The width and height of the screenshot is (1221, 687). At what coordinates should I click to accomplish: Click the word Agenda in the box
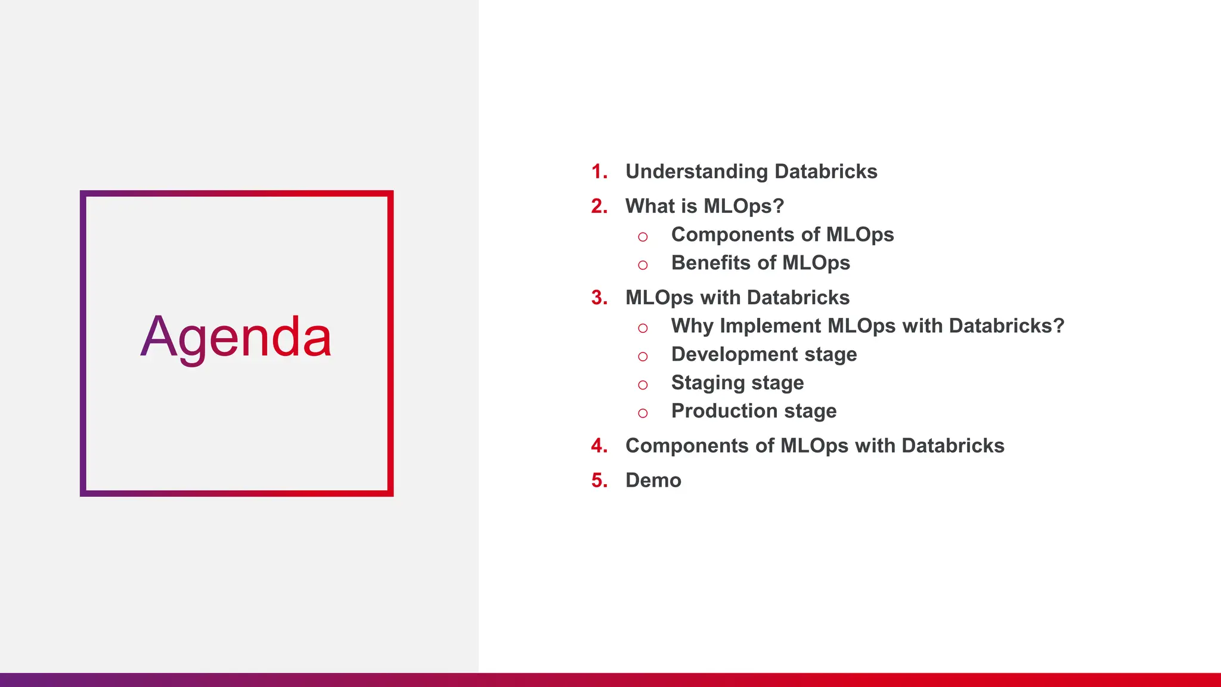[x=236, y=338]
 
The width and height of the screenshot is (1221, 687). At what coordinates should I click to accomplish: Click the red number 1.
[x=599, y=172]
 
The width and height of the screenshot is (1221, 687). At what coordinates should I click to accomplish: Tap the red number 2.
[x=599, y=206]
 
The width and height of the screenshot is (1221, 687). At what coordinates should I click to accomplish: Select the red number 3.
[x=599, y=298]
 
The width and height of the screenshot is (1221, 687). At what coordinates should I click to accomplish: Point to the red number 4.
[x=599, y=446]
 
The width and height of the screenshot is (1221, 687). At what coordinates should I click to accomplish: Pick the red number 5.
[x=599, y=481]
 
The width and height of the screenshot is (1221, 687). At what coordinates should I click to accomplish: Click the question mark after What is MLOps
[x=778, y=206]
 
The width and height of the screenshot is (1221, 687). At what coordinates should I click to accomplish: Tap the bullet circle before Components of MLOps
[x=643, y=237]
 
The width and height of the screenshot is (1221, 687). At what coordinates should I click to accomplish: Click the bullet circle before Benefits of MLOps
[x=643, y=265]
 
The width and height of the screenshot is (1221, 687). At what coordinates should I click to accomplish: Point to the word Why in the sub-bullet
[x=692, y=326]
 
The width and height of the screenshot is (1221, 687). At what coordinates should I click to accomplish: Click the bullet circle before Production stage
[x=643, y=413]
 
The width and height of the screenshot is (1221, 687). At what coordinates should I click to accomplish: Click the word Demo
[x=653, y=481]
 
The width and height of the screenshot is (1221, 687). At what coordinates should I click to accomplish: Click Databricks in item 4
[x=953, y=446]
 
